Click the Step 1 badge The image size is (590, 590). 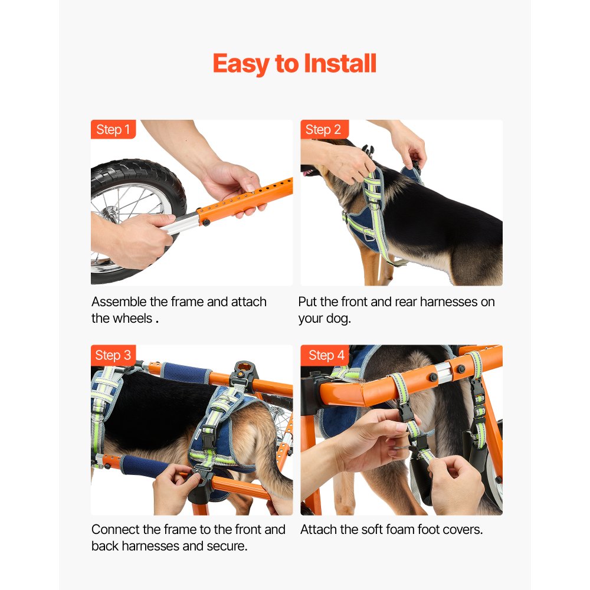point(113,129)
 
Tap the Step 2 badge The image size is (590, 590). point(324,129)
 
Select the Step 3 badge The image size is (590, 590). point(113,355)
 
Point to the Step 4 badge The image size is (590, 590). point(326,355)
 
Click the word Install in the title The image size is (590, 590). point(340,63)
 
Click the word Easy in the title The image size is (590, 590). point(241,64)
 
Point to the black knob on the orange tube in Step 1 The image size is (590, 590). point(206,222)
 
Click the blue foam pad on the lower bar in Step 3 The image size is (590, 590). point(143,467)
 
